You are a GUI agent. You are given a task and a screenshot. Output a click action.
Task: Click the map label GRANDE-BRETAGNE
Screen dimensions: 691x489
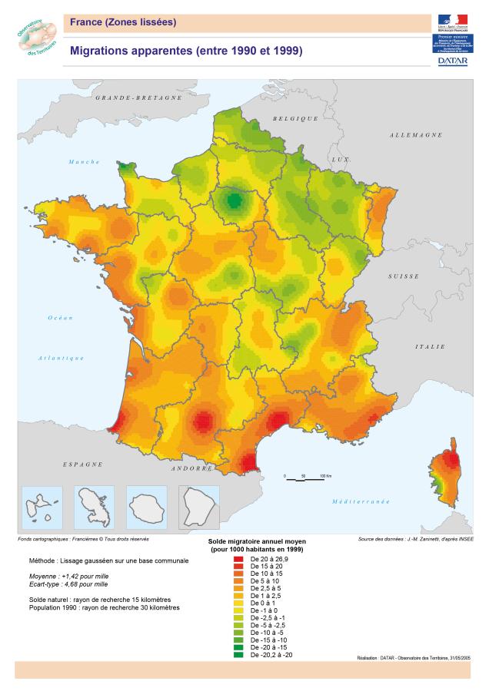[x=138, y=98]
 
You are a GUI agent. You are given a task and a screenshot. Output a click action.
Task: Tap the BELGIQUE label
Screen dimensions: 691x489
[x=295, y=119]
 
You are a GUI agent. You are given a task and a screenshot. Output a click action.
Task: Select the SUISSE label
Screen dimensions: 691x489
[x=403, y=276]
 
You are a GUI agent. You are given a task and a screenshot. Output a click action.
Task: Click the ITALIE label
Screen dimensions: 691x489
[x=430, y=347]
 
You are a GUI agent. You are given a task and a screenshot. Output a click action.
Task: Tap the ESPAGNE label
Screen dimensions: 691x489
[x=82, y=465]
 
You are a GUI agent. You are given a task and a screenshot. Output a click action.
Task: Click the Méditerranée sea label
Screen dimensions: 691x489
[x=361, y=501]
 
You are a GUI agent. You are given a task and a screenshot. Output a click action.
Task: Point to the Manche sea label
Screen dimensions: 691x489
[x=84, y=162]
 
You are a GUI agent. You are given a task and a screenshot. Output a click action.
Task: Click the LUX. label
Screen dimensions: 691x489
[x=340, y=159]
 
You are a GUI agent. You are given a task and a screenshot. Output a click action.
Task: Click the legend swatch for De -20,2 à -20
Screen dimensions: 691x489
[x=238, y=655]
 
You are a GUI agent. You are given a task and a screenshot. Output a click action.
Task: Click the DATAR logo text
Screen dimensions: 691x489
[x=452, y=60]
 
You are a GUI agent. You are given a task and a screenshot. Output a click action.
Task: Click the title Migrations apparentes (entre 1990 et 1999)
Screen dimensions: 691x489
[x=185, y=51]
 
